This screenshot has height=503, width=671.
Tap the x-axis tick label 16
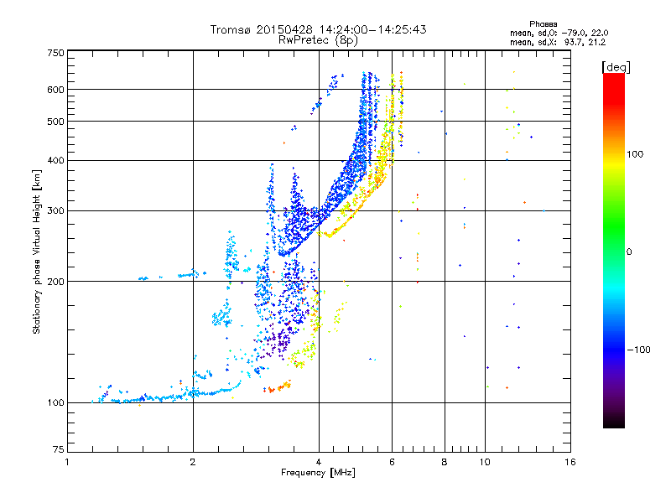[x=570, y=462]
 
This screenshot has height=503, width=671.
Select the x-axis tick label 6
[x=392, y=462]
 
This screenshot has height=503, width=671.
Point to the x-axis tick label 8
[x=445, y=462]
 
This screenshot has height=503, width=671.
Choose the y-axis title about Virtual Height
[x=37, y=252]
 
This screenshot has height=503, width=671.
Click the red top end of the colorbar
[x=613, y=77]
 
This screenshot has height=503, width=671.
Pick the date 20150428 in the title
[x=285, y=29]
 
